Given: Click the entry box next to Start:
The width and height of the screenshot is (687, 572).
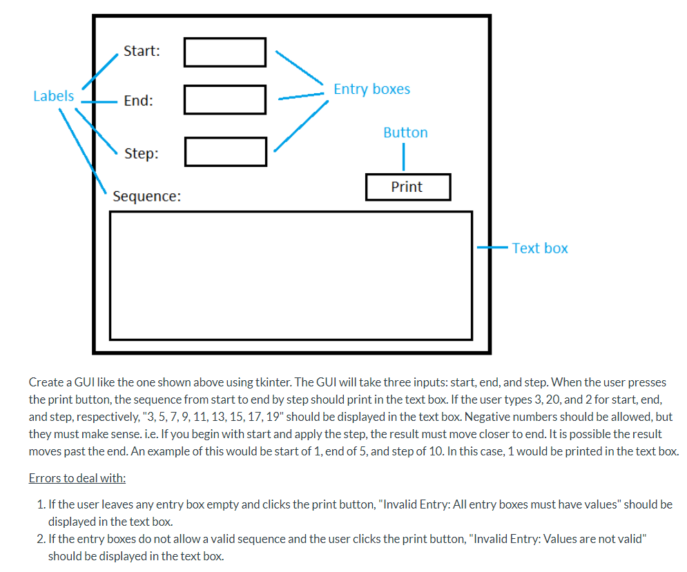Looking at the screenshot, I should pyautogui.click(x=225, y=52).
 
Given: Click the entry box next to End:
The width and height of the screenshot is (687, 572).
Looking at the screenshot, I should pyautogui.click(x=225, y=100).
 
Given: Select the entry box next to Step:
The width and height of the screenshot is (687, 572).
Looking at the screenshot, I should pyautogui.click(x=226, y=152).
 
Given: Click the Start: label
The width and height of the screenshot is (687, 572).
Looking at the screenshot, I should pyautogui.click(x=142, y=51).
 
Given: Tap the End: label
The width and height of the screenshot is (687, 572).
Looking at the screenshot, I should pyautogui.click(x=138, y=101).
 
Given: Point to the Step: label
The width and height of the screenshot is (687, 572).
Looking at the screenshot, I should pyautogui.click(x=141, y=153).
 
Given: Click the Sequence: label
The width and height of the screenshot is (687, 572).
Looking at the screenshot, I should pyautogui.click(x=146, y=197).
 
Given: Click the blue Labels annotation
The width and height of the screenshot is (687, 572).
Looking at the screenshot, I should pyautogui.click(x=53, y=96).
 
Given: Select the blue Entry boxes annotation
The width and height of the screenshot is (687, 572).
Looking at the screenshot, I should pyautogui.click(x=371, y=89).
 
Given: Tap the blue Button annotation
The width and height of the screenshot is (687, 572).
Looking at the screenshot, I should pyautogui.click(x=405, y=132).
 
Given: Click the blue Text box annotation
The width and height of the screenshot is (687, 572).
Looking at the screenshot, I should pyautogui.click(x=540, y=248).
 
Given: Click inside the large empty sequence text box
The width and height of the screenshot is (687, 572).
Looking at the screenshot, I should pyautogui.click(x=291, y=275).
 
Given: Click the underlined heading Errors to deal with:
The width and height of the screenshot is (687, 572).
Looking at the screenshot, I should pyautogui.click(x=77, y=478).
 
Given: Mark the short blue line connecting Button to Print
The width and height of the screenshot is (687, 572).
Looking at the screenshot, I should pyautogui.click(x=403, y=158).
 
